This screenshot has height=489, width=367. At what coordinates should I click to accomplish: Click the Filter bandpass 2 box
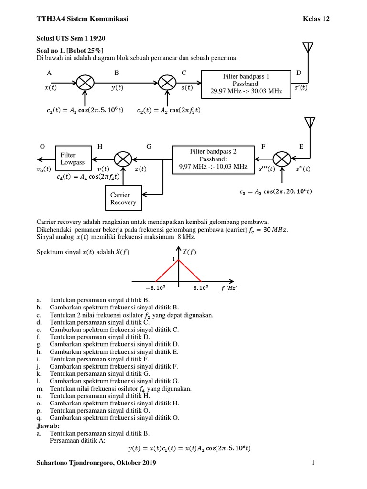tap(213, 159)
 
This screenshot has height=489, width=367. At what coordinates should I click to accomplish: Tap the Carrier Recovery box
tap(123, 198)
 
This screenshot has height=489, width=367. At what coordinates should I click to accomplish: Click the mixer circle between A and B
tap(85, 83)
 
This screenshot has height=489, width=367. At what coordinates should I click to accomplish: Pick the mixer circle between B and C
tap(167, 83)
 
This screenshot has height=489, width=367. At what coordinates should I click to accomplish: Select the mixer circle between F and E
tap(282, 159)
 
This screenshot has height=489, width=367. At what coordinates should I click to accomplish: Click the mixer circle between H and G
tap(124, 159)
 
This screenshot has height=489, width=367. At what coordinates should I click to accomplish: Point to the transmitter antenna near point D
tap(308, 48)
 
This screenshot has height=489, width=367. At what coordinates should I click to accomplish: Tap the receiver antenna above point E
tap(311, 122)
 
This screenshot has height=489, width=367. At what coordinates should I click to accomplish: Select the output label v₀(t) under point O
tap(44, 169)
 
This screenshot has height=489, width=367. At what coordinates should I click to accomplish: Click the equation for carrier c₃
tap(276, 192)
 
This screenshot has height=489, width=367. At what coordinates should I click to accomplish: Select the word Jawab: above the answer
tap(47, 425)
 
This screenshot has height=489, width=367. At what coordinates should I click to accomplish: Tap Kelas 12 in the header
tap(316, 19)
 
